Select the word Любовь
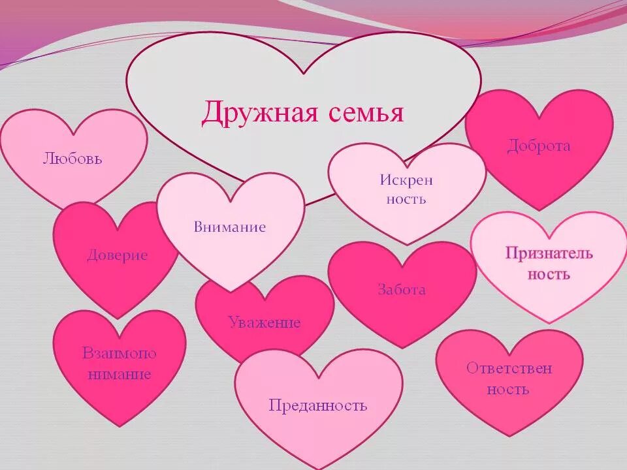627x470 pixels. point(73,158)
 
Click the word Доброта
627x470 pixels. point(539,146)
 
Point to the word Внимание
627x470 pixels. point(230,227)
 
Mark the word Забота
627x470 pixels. point(402,289)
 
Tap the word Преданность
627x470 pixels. point(318,405)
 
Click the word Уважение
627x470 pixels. point(265,322)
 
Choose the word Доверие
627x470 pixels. point(118,255)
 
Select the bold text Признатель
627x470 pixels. point(549,253)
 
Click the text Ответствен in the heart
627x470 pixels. point(509,368)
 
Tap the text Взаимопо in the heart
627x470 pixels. point(120,353)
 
